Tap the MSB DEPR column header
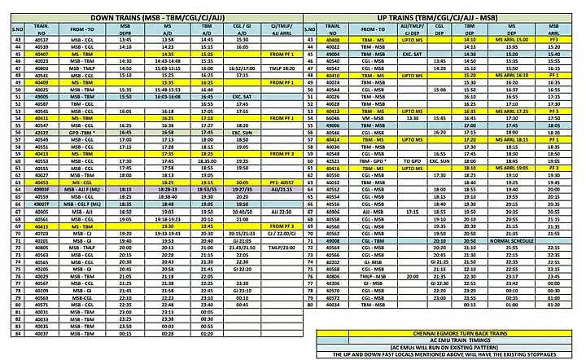125,31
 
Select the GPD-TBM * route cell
82,131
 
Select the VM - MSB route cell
372,118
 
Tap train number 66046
331,118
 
